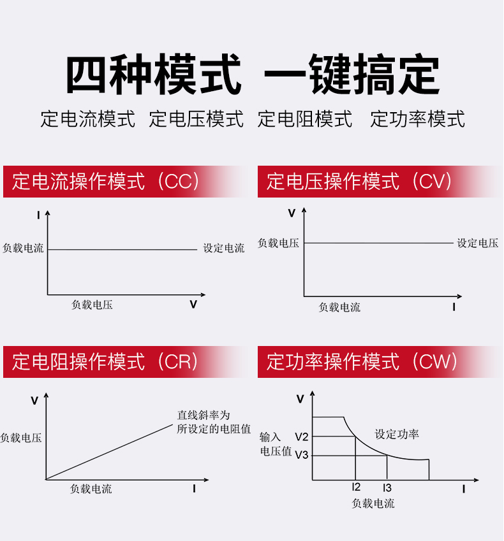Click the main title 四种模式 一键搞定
point(252,75)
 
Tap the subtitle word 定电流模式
point(88,119)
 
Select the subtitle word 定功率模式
point(417,119)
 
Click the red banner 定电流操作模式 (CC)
point(106,182)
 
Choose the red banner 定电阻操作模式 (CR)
point(106,362)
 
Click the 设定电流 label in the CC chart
point(224,249)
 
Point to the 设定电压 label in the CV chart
point(478,243)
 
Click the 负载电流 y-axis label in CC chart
point(23,249)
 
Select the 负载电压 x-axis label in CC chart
point(92,305)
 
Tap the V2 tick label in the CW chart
point(302,437)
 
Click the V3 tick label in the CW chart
point(302,456)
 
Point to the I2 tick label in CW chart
point(356,488)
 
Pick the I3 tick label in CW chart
point(387,488)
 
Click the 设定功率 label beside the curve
point(397,435)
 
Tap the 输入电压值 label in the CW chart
point(275,444)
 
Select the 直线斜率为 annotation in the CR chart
point(203,415)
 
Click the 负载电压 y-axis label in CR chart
point(21,438)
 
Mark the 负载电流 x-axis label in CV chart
point(339,308)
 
